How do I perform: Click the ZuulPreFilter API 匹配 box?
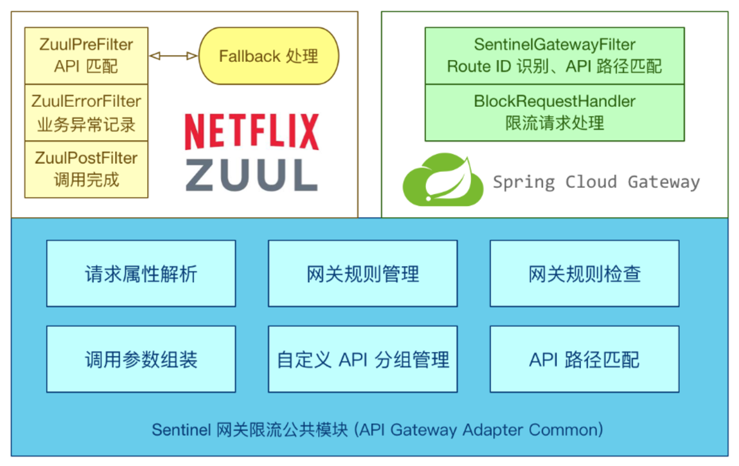86,56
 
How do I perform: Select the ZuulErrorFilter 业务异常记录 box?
86,113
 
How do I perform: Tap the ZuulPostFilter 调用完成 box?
86,169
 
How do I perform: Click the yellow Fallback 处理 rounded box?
269,56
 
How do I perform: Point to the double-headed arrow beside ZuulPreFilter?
173,56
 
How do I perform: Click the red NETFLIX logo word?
252,132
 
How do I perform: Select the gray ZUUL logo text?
252,175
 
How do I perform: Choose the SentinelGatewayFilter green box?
554,56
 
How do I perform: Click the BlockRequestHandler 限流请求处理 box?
554,112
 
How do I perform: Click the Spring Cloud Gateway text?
596,182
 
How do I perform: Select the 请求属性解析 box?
141,274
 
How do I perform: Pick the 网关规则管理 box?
363,274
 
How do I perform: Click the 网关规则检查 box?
585,274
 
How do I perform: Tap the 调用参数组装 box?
141,359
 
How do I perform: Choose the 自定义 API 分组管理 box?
363,359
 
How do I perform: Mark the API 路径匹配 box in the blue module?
585,359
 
